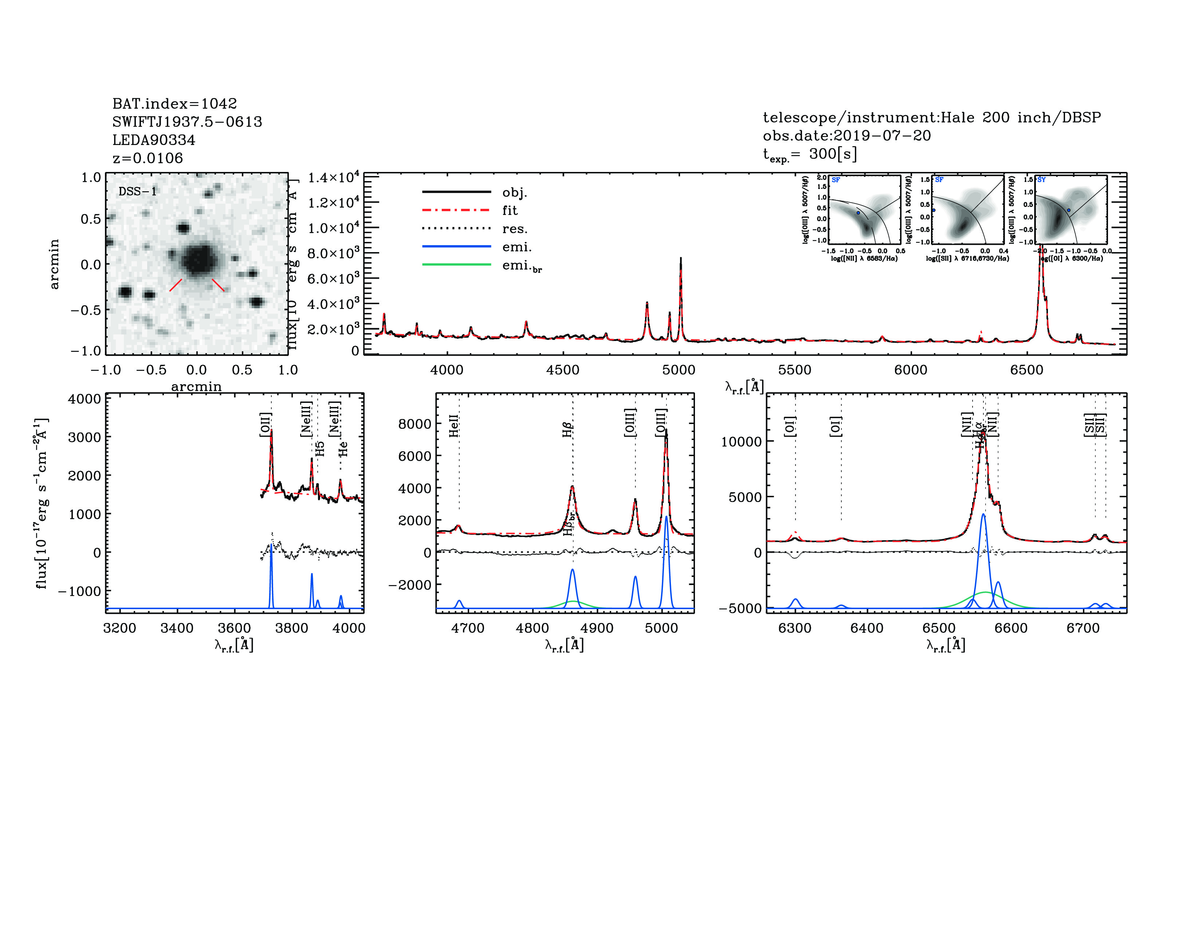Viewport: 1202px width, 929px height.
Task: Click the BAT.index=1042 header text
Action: point(174,103)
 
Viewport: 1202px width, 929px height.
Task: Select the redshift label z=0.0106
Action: point(148,158)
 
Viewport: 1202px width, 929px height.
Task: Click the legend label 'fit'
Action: point(510,210)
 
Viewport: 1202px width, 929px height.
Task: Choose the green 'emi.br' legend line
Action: point(456,265)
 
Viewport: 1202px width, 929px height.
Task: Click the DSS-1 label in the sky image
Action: point(138,192)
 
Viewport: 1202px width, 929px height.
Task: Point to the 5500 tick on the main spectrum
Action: point(795,370)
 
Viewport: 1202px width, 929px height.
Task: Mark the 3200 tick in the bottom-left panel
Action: point(119,628)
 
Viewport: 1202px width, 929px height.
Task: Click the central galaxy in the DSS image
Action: point(199,259)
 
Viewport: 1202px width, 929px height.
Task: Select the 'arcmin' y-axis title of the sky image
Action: point(54,264)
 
